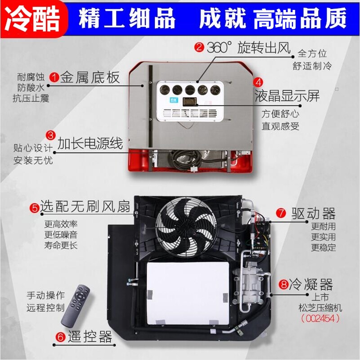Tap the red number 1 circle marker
[54, 77]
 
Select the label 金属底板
[90, 77]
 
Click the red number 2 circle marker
[199, 47]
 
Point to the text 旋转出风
[264, 47]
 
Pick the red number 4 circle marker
[258, 82]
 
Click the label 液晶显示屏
[287, 95]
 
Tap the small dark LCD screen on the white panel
[189, 102]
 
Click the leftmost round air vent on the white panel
[165, 90]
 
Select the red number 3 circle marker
[51, 135]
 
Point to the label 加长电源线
[90, 144]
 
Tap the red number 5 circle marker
[35, 208]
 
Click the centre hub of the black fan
[186, 227]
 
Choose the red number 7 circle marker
[281, 213]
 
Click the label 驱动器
[313, 213]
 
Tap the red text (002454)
[320, 319]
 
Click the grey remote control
[76, 306]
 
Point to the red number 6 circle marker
[61, 337]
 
